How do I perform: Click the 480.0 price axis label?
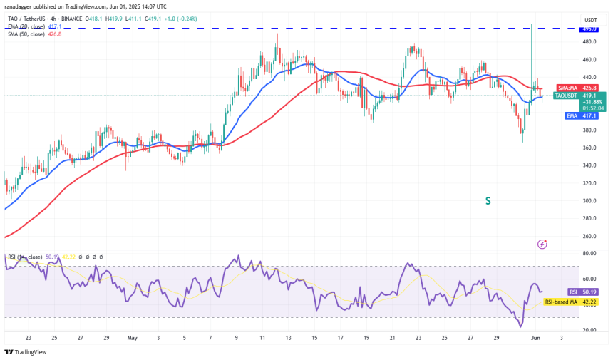pos(589,41)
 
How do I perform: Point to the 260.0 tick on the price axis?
pos(589,237)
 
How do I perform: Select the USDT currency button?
pos(590,19)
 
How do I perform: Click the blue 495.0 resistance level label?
pos(589,29)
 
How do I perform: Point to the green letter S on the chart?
pos(488,201)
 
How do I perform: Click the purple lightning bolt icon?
pos(542,244)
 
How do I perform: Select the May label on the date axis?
pos(130,339)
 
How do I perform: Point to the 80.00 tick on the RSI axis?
pos(589,254)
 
